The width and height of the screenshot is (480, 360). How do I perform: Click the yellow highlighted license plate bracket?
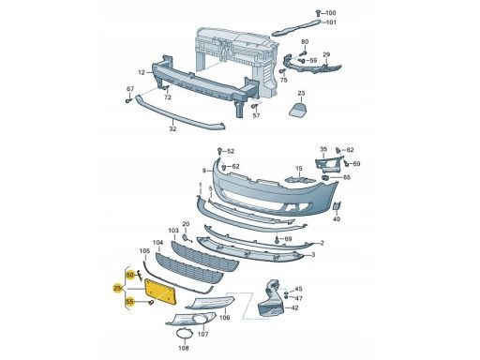(x=161, y=292)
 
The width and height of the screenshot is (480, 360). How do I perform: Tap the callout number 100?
(x=331, y=13)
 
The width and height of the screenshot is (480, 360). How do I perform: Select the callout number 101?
(x=331, y=22)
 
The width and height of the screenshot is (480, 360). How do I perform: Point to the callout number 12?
(x=142, y=72)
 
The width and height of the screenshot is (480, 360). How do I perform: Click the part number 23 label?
(x=301, y=93)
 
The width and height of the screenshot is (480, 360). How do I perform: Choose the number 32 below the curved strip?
(x=172, y=128)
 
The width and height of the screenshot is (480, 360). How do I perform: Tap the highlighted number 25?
(x=118, y=288)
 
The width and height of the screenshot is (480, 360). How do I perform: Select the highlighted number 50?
(x=130, y=275)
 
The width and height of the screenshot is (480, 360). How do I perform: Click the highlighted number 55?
(x=130, y=302)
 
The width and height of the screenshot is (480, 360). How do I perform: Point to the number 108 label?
(x=184, y=348)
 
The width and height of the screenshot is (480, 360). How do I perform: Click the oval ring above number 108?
(x=184, y=334)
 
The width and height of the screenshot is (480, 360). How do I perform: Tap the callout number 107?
(x=203, y=334)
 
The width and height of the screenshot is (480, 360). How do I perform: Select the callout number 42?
(x=294, y=307)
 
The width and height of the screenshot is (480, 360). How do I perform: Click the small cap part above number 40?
(x=337, y=206)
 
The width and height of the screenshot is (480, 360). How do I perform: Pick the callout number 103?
(x=173, y=231)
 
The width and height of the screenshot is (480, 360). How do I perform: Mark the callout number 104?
(x=157, y=243)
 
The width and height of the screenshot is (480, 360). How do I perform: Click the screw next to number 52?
(x=219, y=151)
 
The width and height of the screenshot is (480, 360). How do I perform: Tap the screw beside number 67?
(x=128, y=101)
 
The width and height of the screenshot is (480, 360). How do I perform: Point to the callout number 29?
(x=326, y=54)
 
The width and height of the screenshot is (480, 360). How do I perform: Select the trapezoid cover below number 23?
(x=298, y=109)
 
